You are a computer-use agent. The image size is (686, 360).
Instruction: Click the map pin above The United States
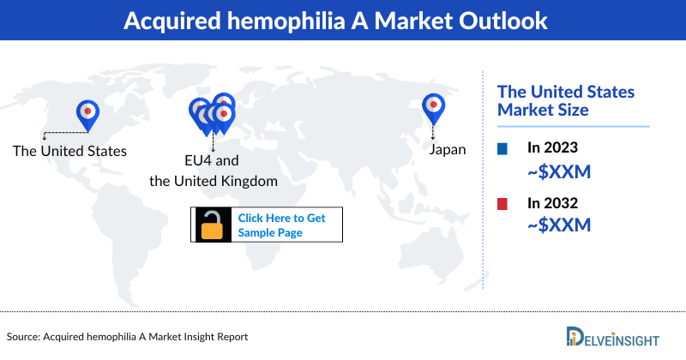[x=87, y=112]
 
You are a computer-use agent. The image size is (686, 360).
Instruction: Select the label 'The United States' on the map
[x=69, y=151]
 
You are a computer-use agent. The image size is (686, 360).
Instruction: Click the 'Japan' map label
[x=447, y=149]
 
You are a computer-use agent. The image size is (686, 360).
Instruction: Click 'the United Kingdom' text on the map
[x=214, y=181]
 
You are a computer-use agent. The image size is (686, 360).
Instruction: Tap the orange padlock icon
[x=211, y=224]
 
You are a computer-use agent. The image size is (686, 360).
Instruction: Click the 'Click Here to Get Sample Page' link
[x=281, y=225]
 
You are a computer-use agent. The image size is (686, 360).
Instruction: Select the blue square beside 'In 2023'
[x=502, y=149]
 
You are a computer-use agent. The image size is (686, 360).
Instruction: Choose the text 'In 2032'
[x=553, y=203]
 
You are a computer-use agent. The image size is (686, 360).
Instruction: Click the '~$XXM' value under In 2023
[x=559, y=172]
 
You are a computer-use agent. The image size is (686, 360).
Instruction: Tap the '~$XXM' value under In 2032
[x=559, y=226]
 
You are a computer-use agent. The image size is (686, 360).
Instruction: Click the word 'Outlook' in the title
[x=498, y=21]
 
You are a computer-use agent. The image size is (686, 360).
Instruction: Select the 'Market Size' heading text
[x=543, y=110]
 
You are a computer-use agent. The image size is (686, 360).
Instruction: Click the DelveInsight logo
[x=620, y=337]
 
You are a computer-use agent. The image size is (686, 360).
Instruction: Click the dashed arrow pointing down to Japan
[x=433, y=131]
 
